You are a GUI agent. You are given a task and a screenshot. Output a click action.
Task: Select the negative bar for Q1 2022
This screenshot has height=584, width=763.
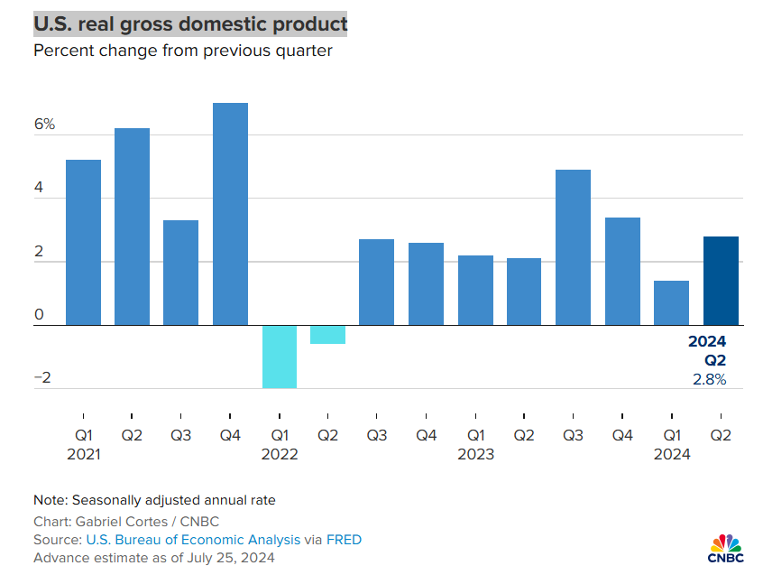click(280, 357)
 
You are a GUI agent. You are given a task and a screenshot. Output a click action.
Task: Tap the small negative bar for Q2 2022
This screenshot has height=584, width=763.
click(328, 335)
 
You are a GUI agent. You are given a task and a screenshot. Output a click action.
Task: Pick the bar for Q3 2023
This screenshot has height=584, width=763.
click(573, 247)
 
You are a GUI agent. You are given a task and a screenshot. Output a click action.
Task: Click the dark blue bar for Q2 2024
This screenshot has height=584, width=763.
click(721, 281)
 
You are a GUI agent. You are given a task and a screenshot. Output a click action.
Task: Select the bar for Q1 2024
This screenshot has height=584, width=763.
click(671, 302)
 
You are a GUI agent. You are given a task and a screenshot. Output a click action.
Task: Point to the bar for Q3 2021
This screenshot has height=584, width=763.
click(180, 273)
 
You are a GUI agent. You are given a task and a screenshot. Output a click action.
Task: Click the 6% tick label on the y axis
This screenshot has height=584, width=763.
click(44, 125)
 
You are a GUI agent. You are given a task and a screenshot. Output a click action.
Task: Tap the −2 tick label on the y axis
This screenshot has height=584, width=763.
click(41, 378)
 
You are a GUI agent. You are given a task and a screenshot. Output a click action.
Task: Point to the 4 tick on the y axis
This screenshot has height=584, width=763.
click(39, 188)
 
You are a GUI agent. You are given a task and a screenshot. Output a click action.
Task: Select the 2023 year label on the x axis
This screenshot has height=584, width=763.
click(475, 454)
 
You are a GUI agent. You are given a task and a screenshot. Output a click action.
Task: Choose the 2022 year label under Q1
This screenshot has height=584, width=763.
click(280, 454)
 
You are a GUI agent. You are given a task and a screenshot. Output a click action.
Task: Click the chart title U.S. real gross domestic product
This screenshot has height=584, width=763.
click(189, 23)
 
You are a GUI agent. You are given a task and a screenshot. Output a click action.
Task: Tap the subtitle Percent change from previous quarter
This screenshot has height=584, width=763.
click(183, 51)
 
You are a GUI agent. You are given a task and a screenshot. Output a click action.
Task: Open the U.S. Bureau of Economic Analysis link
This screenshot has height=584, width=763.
click(193, 540)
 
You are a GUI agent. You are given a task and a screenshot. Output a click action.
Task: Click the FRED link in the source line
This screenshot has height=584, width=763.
click(344, 540)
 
